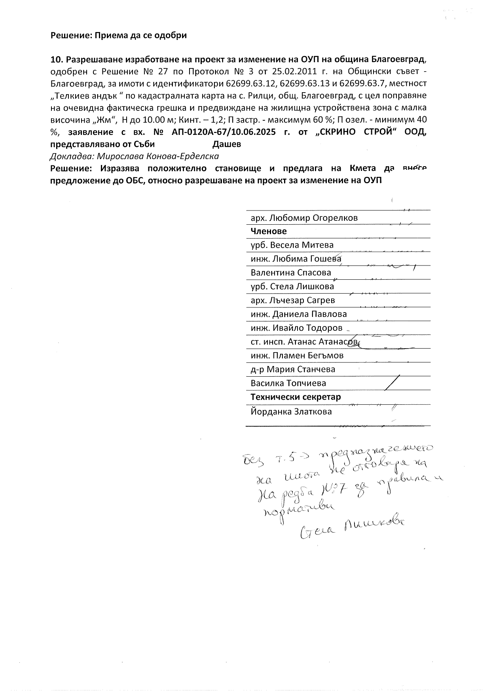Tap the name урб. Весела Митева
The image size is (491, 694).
click(292, 245)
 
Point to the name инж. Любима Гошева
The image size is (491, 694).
click(296, 259)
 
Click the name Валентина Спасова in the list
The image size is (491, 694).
click(291, 273)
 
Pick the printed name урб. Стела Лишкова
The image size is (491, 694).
click(292, 286)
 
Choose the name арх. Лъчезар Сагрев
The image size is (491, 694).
click(293, 300)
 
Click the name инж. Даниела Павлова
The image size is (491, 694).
click(299, 314)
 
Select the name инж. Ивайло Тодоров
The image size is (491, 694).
click(296, 328)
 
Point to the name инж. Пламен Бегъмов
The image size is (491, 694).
click(297, 355)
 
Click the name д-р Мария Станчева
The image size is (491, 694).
click(293, 369)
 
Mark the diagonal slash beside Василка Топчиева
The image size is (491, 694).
click(392, 383)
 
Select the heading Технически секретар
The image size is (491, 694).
click(296, 397)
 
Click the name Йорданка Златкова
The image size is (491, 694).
click(291, 411)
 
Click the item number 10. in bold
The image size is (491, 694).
click(57, 60)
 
